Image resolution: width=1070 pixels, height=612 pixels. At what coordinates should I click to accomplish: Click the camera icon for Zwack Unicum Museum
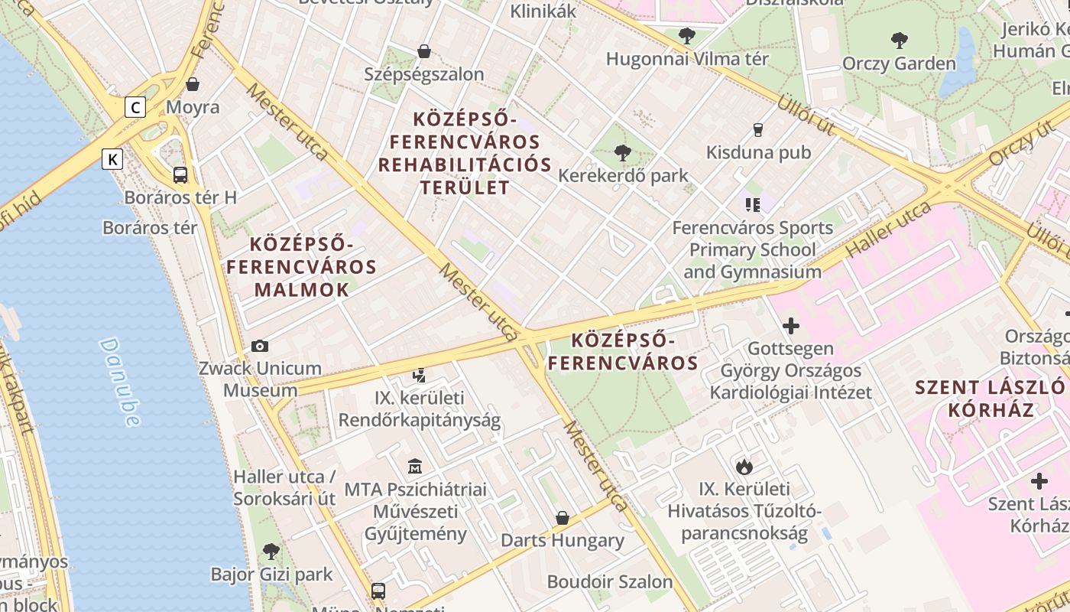pos(260,346)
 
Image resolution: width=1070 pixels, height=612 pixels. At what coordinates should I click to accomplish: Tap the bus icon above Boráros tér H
pos(180,175)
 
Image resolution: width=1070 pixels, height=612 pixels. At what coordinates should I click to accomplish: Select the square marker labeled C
pos(135,107)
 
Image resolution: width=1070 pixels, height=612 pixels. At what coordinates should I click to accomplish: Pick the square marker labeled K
pos(112,159)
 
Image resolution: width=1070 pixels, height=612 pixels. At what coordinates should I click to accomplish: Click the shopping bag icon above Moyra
pos(193,84)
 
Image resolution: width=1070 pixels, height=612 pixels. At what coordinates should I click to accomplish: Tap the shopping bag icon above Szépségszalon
pos(424,51)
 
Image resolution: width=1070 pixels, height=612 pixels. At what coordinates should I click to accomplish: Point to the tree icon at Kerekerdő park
pos(623,153)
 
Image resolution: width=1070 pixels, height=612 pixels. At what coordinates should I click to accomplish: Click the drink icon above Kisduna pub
pos(758,130)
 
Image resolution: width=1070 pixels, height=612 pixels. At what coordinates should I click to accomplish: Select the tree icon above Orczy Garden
pos(899,41)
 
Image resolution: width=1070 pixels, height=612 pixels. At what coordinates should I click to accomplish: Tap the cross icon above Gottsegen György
pos(791,327)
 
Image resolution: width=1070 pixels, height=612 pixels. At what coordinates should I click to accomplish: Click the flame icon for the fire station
pos(744,467)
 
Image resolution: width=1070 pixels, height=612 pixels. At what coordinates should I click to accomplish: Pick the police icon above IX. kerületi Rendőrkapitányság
pos(419,376)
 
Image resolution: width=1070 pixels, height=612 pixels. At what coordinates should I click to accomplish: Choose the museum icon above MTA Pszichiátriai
pos(415,466)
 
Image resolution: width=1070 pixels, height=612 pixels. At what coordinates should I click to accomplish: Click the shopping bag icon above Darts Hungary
pos(563,518)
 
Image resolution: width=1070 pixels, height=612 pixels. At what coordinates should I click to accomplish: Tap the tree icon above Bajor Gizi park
pos(271,551)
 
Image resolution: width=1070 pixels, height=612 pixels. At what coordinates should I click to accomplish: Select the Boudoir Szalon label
pos(610,581)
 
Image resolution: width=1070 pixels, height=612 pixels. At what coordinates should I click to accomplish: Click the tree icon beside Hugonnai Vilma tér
pos(687,35)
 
